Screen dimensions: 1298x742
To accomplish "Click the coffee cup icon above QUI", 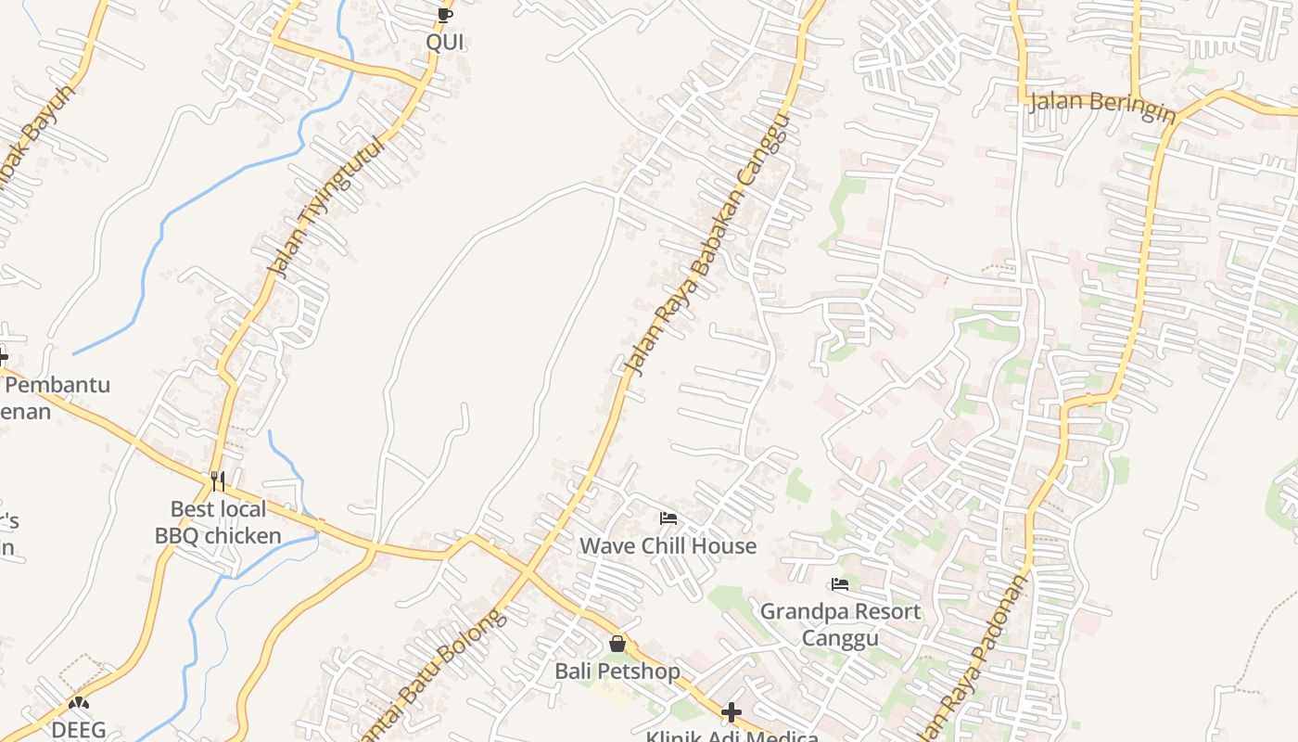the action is [445, 14].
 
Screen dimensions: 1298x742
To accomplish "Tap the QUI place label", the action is [445, 42].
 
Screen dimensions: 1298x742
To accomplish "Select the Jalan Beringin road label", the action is [1102, 106].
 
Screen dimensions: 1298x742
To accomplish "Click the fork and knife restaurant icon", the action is [218, 480].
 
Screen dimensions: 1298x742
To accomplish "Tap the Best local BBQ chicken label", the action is [218, 522].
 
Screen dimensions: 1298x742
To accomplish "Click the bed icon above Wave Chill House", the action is [668, 518].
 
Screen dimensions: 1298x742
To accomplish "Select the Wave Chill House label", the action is [668, 545].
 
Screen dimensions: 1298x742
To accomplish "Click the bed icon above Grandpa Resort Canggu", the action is [840, 584].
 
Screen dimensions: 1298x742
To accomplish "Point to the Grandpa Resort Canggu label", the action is [840, 624].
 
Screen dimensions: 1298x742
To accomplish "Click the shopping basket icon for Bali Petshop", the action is [617, 643].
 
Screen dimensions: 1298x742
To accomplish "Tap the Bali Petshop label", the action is [617, 671].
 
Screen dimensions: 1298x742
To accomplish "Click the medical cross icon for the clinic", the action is [732, 712].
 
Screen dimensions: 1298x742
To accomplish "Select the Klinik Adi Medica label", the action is [732, 736].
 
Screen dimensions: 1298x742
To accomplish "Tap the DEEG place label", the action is [79, 730].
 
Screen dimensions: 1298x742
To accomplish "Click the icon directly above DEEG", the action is [79, 704].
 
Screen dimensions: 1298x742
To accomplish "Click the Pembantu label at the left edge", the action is [57, 385].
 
